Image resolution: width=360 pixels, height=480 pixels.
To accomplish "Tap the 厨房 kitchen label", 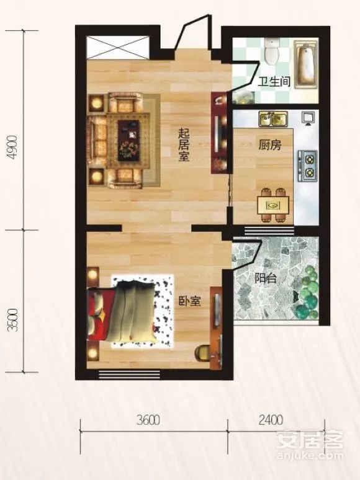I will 269,146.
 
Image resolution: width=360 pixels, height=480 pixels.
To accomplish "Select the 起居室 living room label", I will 184,144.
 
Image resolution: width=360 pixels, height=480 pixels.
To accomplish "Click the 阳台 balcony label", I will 265,278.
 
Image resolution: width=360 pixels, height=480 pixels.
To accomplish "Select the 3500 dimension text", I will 12,321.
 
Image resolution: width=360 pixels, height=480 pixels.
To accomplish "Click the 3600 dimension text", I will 150,420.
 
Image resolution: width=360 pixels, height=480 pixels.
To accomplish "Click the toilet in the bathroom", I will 271,51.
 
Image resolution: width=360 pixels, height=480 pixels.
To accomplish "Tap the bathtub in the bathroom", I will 305,63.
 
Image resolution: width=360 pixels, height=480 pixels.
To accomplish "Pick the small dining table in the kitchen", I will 271,205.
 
